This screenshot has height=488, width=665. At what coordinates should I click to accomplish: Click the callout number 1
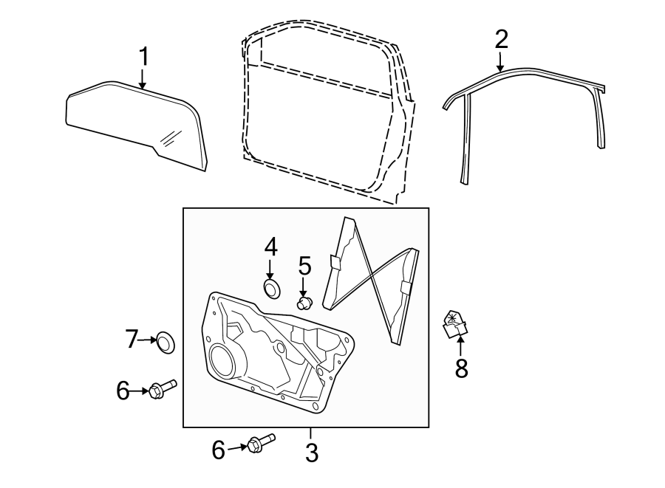(144, 56)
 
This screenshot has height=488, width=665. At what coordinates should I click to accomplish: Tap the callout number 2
(502, 39)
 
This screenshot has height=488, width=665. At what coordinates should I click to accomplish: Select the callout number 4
(271, 247)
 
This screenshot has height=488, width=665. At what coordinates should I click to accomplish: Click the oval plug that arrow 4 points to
(272, 288)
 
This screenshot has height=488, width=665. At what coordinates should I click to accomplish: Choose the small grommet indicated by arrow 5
(304, 301)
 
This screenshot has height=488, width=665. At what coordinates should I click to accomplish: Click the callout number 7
(132, 340)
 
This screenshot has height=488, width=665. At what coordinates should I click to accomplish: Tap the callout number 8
(461, 368)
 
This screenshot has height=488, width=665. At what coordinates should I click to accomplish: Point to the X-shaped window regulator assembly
(373, 281)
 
